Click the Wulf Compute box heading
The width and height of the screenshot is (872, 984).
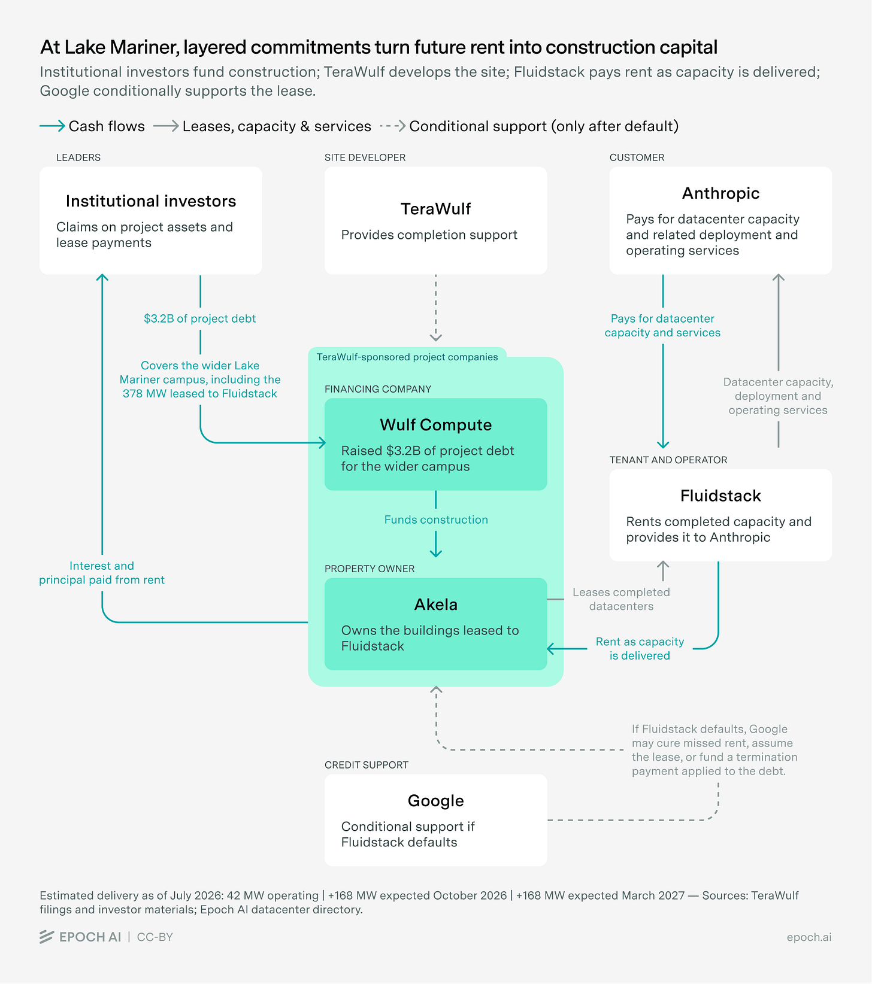tap(435, 425)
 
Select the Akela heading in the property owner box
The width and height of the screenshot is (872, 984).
tap(435, 605)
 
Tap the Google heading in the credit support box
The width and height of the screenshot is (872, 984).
tap(435, 801)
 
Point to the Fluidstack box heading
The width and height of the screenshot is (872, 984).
tap(720, 496)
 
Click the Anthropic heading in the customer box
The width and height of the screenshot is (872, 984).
tap(720, 193)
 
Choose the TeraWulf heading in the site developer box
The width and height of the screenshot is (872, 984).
tap(435, 209)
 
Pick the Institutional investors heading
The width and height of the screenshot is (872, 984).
tap(151, 201)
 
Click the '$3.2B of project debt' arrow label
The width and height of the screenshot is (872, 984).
tap(200, 318)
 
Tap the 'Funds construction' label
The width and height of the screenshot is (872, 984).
tap(436, 520)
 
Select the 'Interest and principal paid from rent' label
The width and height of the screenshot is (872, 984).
tap(102, 573)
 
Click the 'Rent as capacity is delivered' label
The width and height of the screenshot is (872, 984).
tap(640, 648)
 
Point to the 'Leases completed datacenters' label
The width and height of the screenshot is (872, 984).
tap(621, 599)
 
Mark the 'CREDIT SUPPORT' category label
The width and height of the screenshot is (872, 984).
tap(367, 765)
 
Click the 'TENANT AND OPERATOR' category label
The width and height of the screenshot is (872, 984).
tap(668, 460)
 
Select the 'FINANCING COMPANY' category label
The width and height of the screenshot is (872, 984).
tap(378, 389)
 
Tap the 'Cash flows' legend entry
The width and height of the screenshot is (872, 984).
tap(92, 126)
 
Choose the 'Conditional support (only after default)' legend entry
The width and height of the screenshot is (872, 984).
tap(529, 126)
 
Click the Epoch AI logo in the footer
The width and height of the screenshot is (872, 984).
tap(80, 937)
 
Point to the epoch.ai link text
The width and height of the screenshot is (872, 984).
tap(809, 937)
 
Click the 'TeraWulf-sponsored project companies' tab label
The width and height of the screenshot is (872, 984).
tap(407, 357)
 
